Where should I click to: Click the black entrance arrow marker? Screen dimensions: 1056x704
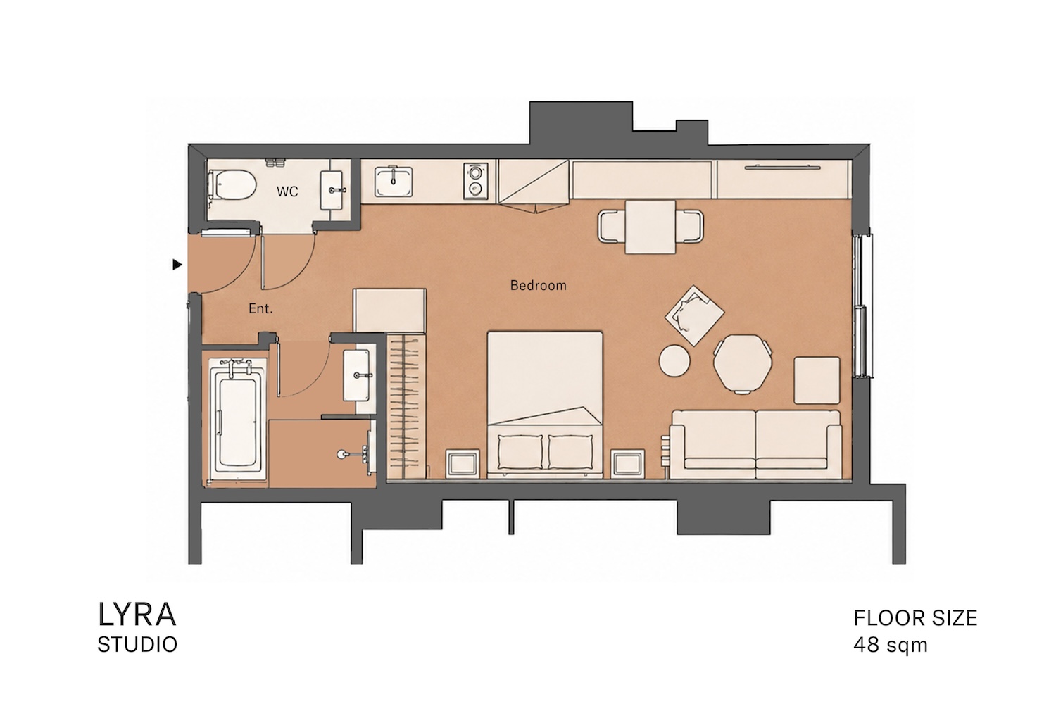click(x=177, y=265)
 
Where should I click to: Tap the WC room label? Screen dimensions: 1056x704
click(x=287, y=191)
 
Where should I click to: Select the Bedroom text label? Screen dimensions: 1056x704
click(x=538, y=285)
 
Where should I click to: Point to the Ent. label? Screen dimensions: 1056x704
click(x=260, y=309)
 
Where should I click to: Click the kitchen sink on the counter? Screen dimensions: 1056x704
click(x=394, y=182)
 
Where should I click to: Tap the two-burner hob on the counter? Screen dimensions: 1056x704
click(x=474, y=182)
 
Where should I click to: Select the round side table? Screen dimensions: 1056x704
click(x=674, y=360)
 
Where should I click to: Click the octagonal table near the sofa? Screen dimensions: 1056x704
click(x=743, y=363)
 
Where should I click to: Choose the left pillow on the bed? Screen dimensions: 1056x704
click(x=520, y=452)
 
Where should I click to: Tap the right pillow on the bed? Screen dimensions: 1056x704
click(x=570, y=452)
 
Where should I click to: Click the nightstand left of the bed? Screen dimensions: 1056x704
click(x=463, y=463)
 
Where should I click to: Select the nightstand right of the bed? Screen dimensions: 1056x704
click(x=627, y=463)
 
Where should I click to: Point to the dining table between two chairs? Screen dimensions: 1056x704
click(x=650, y=227)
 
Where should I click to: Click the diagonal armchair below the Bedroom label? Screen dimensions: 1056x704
click(x=694, y=315)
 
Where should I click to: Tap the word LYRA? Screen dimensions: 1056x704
click(x=137, y=615)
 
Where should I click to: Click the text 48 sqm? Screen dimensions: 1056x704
click(x=891, y=645)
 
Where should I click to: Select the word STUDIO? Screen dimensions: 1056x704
click(x=137, y=645)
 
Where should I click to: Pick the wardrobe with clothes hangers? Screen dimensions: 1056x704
click(x=406, y=406)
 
